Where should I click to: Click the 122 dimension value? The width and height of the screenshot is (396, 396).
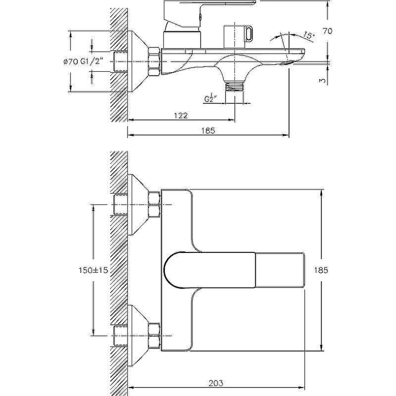(181, 115)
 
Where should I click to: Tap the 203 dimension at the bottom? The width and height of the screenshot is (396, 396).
(216, 383)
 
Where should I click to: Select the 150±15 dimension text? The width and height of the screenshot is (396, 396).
(94, 270)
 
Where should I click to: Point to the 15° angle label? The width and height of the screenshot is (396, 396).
(308, 35)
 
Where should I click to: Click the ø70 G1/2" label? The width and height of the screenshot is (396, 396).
(84, 61)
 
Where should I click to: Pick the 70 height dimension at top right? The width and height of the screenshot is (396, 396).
(327, 31)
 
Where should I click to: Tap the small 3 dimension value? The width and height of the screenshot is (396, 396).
(323, 81)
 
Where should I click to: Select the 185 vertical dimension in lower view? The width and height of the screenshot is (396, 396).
(321, 270)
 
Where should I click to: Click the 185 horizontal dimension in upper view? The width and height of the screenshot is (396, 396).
(208, 131)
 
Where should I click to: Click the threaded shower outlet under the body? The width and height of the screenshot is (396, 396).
(235, 86)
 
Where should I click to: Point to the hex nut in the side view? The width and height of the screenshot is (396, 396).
(154, 61)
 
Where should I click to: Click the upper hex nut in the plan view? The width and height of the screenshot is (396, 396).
(154, 204)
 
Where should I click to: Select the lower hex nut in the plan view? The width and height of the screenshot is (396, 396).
(154, 336)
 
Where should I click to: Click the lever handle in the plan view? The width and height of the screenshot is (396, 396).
(234, 270)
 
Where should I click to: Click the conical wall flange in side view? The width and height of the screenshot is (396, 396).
(138, 61)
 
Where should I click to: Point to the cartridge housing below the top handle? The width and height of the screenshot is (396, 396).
(182, 39)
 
